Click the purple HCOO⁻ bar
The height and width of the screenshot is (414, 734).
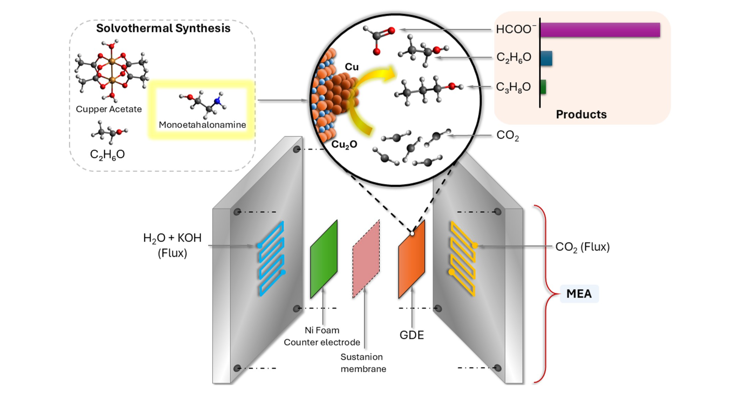point(600,30)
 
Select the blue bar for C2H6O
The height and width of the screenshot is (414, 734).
point(546,58)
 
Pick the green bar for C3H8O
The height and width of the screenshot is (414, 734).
point(543,87)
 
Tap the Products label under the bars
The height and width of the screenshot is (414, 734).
point(581,114)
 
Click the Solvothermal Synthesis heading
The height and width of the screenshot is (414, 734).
point(163,28)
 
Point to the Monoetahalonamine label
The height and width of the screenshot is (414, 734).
point(202,125)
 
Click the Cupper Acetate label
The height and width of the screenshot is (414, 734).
point(109,109)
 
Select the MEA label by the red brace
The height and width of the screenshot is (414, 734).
point(579,294)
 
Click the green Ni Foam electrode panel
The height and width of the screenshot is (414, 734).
point(324,260)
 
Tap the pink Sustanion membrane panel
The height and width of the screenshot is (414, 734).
point(366,260)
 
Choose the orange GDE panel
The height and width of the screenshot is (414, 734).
point(412,260)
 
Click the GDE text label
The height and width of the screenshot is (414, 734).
point(412,335)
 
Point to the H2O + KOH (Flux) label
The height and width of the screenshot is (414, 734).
point(172,245)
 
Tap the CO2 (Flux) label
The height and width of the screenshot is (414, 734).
point(582,247)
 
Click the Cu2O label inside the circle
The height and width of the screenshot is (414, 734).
point(344,144)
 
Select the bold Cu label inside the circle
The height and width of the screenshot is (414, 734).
point(352,67)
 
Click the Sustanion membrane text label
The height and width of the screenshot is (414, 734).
point(363,363)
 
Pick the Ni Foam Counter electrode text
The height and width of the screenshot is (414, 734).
point(322,336)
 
